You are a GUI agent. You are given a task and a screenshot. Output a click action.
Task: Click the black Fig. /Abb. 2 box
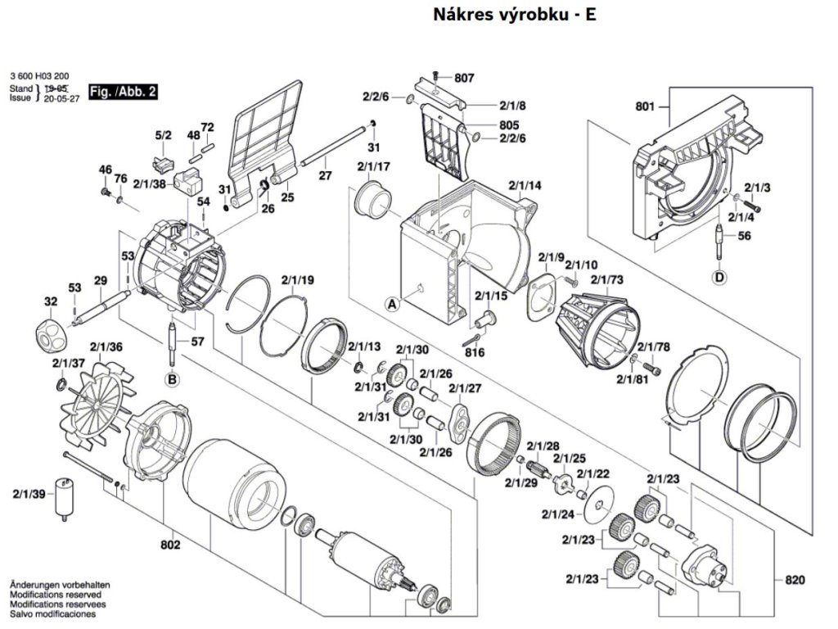[124, 92]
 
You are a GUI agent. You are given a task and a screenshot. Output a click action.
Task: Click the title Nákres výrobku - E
[514, 15]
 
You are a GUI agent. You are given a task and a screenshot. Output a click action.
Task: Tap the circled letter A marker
[393, 305]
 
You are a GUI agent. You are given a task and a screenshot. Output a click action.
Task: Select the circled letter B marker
[172, 380]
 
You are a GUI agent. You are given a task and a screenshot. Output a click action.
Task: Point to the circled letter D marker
[720, 277]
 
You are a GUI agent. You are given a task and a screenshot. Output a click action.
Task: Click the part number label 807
[464, 78]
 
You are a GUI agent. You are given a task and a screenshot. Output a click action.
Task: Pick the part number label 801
[645, 106]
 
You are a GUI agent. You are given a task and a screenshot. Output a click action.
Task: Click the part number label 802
[170, 545]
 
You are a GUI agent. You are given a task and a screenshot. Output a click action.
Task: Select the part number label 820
[795, 580]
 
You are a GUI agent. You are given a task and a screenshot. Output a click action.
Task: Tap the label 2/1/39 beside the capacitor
[29, 494]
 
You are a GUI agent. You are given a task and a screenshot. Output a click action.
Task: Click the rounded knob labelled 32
[51, 334]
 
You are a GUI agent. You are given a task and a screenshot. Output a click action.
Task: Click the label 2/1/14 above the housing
[525, 186]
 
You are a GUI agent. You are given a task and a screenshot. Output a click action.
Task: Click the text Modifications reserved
[56, 595]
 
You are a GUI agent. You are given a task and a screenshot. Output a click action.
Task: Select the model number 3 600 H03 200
[39, 76]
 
